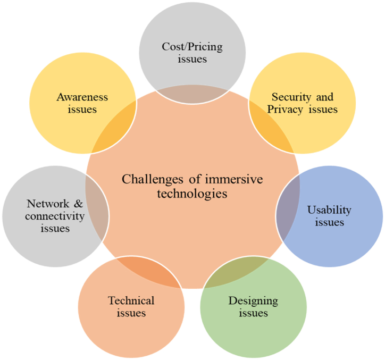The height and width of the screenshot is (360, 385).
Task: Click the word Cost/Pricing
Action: click(x=192, y=47)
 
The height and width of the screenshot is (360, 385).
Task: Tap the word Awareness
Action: click(x=82, y=97)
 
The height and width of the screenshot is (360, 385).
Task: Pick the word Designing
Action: click(x=253, y=301)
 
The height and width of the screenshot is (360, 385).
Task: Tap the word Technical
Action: click(x=131, y=300)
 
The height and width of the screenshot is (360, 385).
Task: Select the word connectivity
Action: click(x=55, y=216)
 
